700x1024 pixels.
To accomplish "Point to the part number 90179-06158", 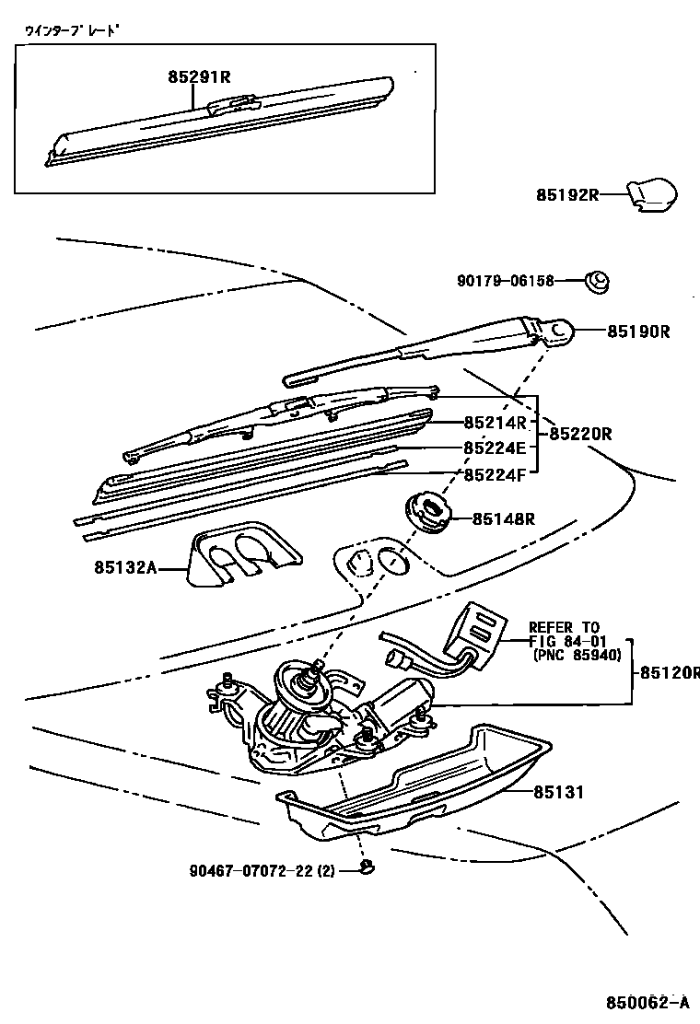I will [506, 281].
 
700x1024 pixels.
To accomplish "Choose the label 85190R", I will [637, 332].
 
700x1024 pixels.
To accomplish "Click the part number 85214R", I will [494, 424].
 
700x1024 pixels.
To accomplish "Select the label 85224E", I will [494, 448].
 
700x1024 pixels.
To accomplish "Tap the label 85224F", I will [494, 474].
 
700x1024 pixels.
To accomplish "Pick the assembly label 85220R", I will [580, 433].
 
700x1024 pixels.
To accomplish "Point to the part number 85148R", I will [504, 519].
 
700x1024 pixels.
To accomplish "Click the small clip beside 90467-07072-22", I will [367, 867].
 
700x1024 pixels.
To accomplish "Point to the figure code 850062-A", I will [646, 1002].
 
